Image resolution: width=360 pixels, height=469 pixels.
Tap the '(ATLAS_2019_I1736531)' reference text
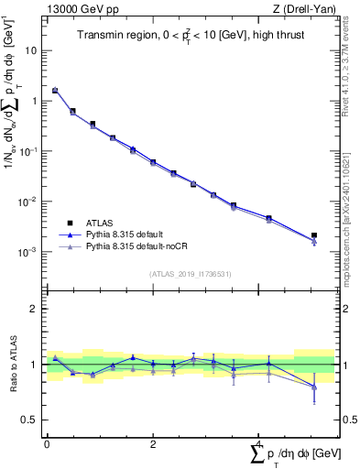tap(183, 273)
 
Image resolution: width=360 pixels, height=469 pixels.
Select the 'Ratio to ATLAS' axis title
tap(13, 365)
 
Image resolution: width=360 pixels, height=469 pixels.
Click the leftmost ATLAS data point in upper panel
tap(55, 91)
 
